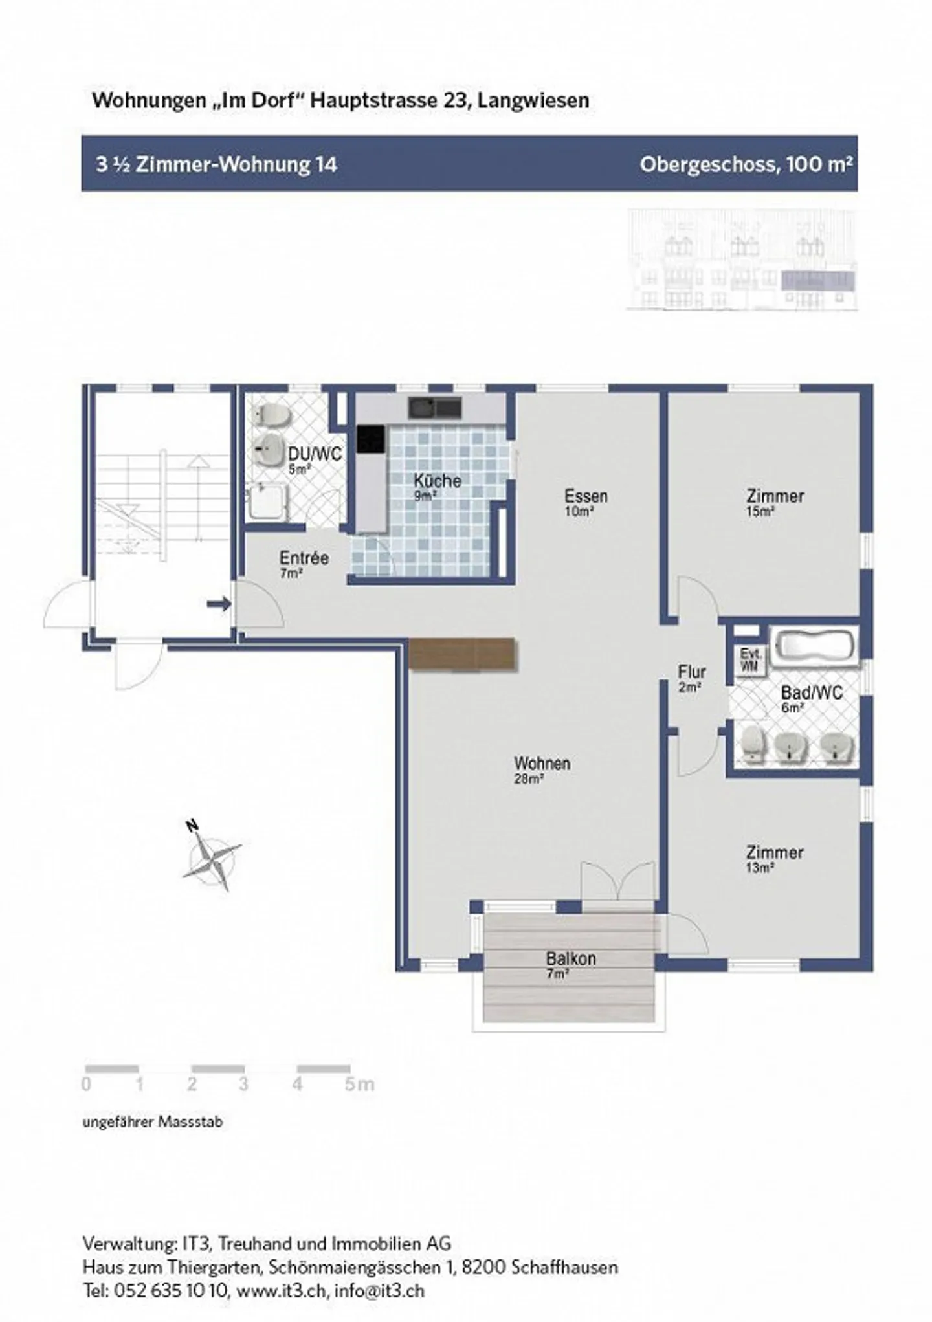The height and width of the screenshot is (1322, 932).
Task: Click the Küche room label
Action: click(x=438, y=481)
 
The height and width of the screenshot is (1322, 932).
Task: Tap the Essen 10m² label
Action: click(x=586, y=501)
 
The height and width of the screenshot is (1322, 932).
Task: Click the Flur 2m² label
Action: click(x=691, y=678)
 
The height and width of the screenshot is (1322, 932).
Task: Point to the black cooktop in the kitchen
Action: click(x=371, y=439)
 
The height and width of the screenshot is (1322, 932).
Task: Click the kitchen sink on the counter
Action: click(x=434, y=408)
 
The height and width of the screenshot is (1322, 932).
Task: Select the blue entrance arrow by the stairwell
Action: click(x=219, y=604)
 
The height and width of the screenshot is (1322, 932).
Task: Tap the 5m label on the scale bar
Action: click(x=359, y=1084)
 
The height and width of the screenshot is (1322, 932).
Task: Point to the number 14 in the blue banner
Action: click(x=326, y=164)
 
